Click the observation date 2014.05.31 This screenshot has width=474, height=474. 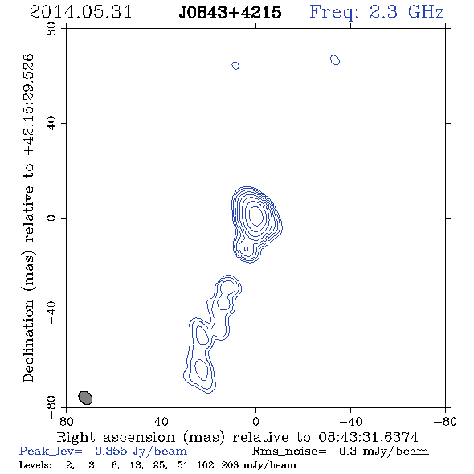tap(80, 12)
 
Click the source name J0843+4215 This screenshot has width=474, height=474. tap(230, 13)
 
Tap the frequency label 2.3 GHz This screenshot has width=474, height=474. tap(407, 12)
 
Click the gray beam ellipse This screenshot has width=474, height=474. tap(85, 398)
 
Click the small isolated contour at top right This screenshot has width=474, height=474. tap(335, 60)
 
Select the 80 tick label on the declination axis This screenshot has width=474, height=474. tap(51, 29)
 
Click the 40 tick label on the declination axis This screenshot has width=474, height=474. tap(51, 124)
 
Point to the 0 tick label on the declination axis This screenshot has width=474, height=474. tap(51, 218)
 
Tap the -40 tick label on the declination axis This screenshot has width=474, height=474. tap(51, 313)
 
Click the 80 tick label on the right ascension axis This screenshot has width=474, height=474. tap(66, 421)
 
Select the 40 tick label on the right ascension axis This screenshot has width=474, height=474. tap(161, 421)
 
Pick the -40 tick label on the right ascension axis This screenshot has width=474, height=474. tap(350, 421)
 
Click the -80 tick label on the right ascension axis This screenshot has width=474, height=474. tap(445, 421)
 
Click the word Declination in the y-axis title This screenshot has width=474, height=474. tap(28, 341)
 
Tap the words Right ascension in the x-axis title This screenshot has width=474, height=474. tap(116, 437)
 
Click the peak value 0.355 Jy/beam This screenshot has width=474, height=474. tap(141, 452)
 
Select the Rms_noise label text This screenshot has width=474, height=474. tap(289, 451)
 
